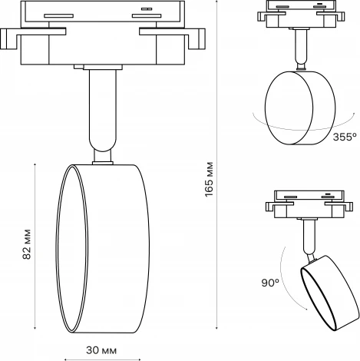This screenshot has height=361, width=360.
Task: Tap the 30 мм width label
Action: click(x=101, y=350)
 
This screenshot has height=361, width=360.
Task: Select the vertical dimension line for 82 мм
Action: click(x=37, y=247)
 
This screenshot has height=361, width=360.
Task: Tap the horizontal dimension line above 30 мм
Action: click(x=101, y=339)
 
